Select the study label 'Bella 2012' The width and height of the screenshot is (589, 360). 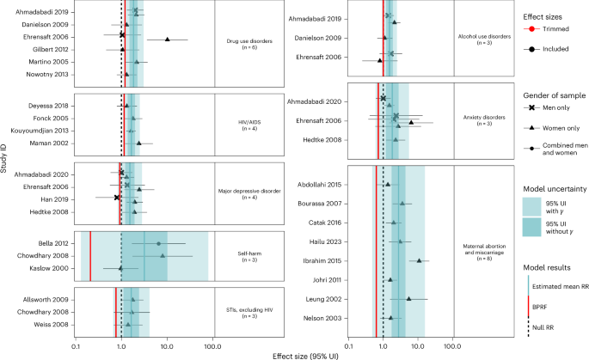(54, 243)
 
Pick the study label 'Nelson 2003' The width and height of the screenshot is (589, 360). (326, 318)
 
